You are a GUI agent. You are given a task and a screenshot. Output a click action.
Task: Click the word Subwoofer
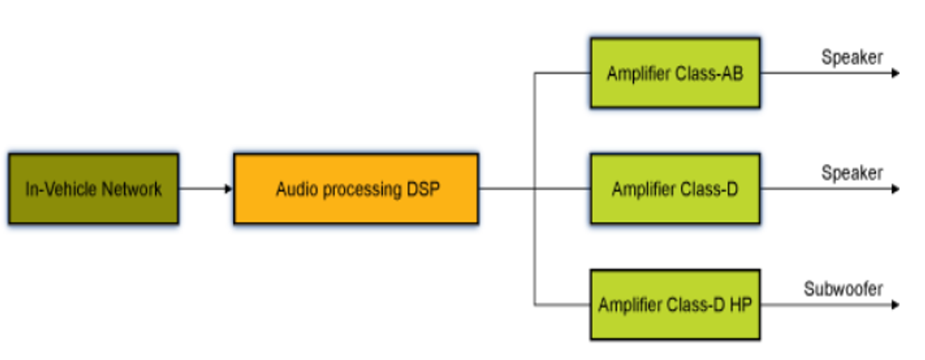point(843,288)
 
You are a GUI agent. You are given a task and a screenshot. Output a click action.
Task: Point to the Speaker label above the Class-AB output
point(852,57)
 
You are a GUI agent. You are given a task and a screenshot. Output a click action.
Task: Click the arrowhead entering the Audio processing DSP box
point(229,188)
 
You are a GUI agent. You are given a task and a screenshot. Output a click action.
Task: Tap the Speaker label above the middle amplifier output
point(852,172)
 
